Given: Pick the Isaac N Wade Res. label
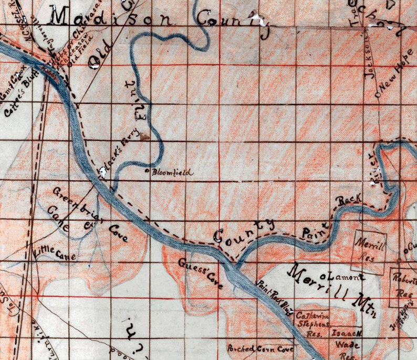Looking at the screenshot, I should click(x=346, y=340).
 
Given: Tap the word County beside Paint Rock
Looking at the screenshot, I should click(x=244, y=231).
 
